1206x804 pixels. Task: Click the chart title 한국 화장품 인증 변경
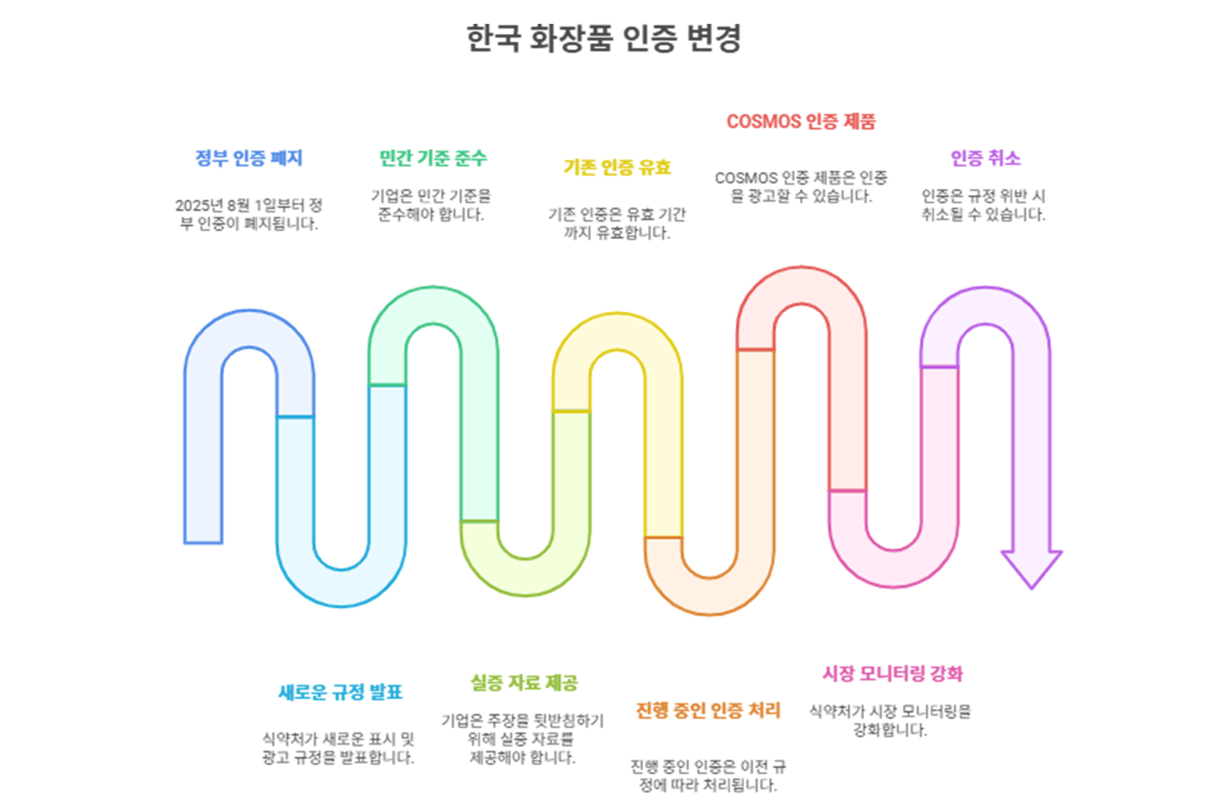[604, 38]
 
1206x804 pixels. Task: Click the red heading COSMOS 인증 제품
[801, 122]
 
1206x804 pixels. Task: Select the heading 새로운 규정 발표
[340, 692]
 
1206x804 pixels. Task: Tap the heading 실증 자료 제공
[525, 682]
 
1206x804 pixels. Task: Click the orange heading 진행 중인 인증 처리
[708, 710]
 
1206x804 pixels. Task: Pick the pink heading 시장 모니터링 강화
[893, 673]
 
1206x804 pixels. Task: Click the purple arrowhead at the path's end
[1032, 569]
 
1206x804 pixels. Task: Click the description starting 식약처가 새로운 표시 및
[338, 748]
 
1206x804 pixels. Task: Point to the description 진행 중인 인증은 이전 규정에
[708, 776]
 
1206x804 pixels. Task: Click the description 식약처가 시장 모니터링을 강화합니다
[890, 720]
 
